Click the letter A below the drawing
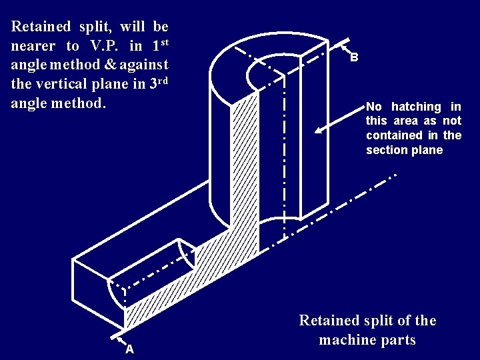tap(129, 349)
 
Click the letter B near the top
tap(354, 57)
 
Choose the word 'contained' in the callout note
tap(395, 135)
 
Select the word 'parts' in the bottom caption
tap(399, 340)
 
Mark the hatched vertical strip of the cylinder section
tap(244, 167)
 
